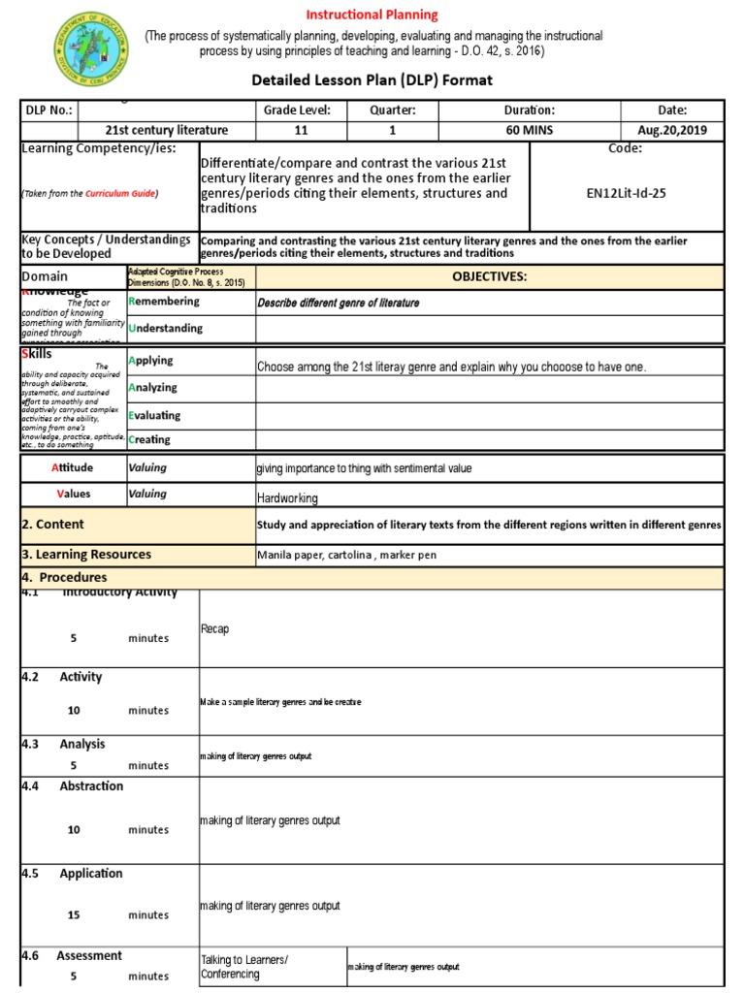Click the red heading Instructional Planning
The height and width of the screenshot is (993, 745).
coord(372,15)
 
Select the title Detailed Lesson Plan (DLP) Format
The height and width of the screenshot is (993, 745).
coord(372,80)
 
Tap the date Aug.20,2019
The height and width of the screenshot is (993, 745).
coord(671,130)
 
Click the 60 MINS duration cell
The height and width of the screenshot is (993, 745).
coord(529,130)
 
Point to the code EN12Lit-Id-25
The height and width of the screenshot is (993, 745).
coord(626,193)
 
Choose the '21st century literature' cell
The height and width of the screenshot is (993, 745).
coord(167,130)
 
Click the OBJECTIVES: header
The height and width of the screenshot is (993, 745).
coord(489,276)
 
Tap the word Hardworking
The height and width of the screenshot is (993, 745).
coord(287,498)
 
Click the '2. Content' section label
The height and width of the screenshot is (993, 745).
coord(53,525)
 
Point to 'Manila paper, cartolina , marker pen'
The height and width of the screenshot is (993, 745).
coord(346,556)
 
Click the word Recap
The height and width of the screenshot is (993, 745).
coord(214,629)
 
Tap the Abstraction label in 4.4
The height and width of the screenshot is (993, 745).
coord(91,786)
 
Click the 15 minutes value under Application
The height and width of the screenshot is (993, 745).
coord(75,915)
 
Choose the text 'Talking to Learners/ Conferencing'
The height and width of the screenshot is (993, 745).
coord(244,967)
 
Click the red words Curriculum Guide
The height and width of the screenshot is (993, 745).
coord(119,194)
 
